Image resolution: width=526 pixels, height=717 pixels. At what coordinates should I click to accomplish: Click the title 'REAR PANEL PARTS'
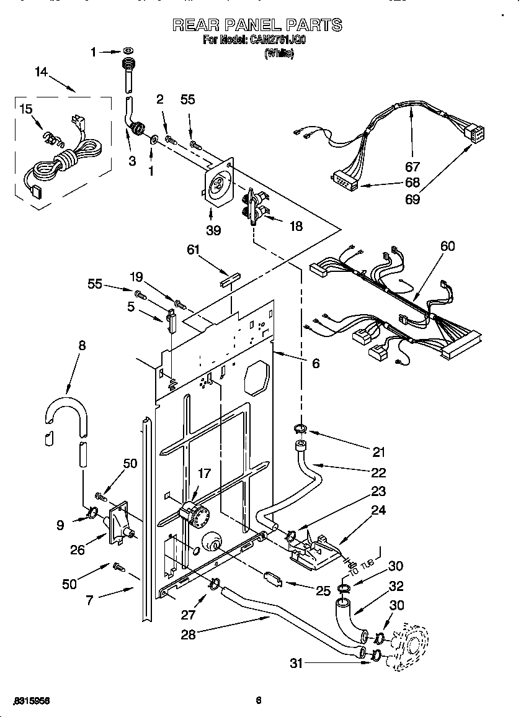(x=256, y=25)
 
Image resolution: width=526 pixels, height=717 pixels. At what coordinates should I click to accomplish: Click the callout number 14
(x=41, y=72)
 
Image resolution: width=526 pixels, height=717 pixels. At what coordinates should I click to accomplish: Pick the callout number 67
(x=412, y=166)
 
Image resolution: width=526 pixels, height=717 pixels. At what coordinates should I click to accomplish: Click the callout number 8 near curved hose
(x=82, y=346)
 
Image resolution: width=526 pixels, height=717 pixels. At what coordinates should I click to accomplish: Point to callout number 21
(x=379, y=452)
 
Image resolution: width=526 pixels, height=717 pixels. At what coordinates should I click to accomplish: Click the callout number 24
(x=378, y=511)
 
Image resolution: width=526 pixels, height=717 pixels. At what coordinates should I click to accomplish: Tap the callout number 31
(x=297, y=663)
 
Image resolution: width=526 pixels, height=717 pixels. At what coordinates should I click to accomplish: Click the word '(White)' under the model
(x=279, y=53)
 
